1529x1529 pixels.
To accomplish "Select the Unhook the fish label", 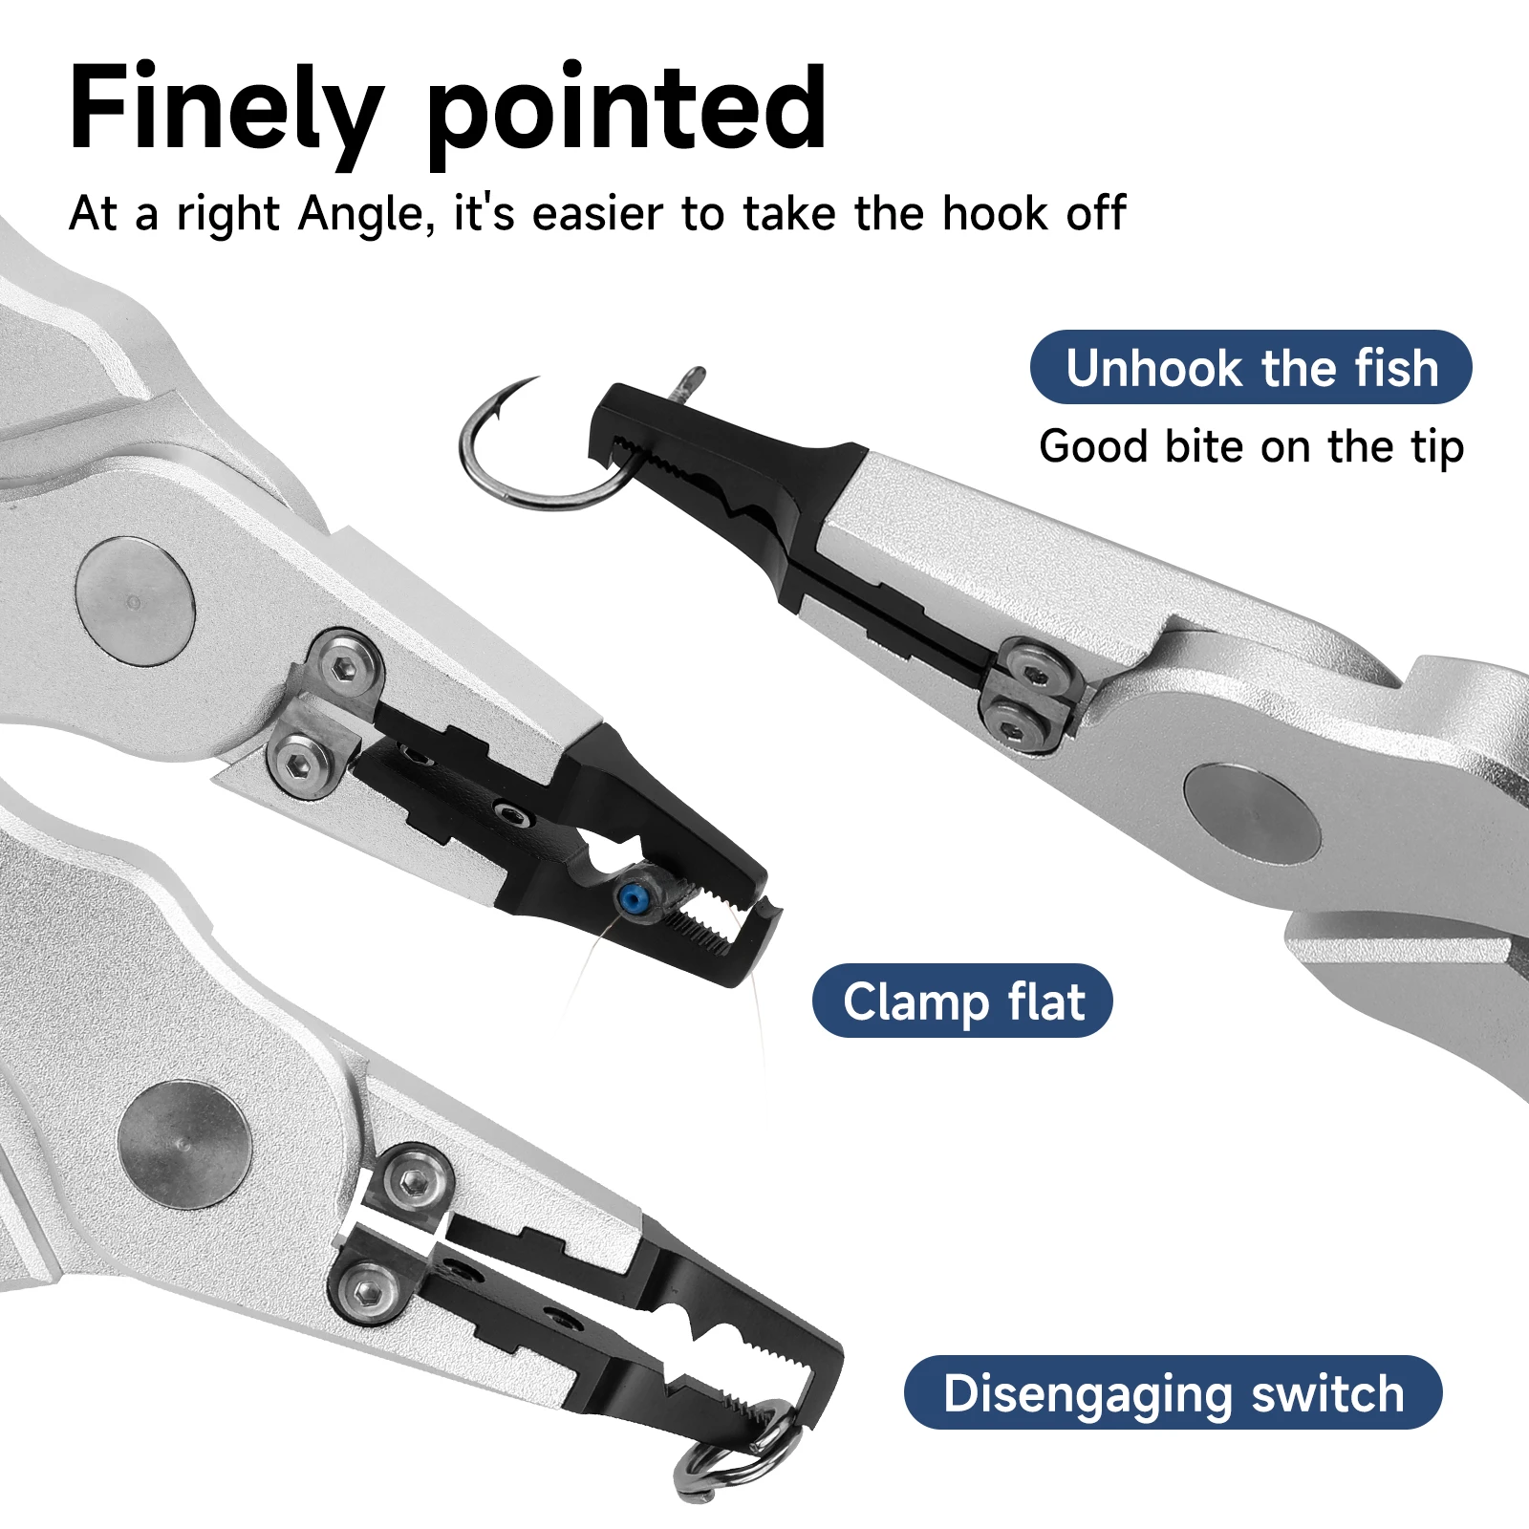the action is [x=1251, y=368].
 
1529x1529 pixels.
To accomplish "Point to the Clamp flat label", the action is [x=962, y=1001].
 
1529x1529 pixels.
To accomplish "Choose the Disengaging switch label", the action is [x=1173, y=1392].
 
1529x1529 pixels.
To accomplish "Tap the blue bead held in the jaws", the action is [x=631, y=897].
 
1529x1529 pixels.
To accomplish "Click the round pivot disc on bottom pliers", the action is [x=183, y=1145].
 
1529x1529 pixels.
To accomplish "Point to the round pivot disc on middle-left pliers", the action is [x=135, y=600].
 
